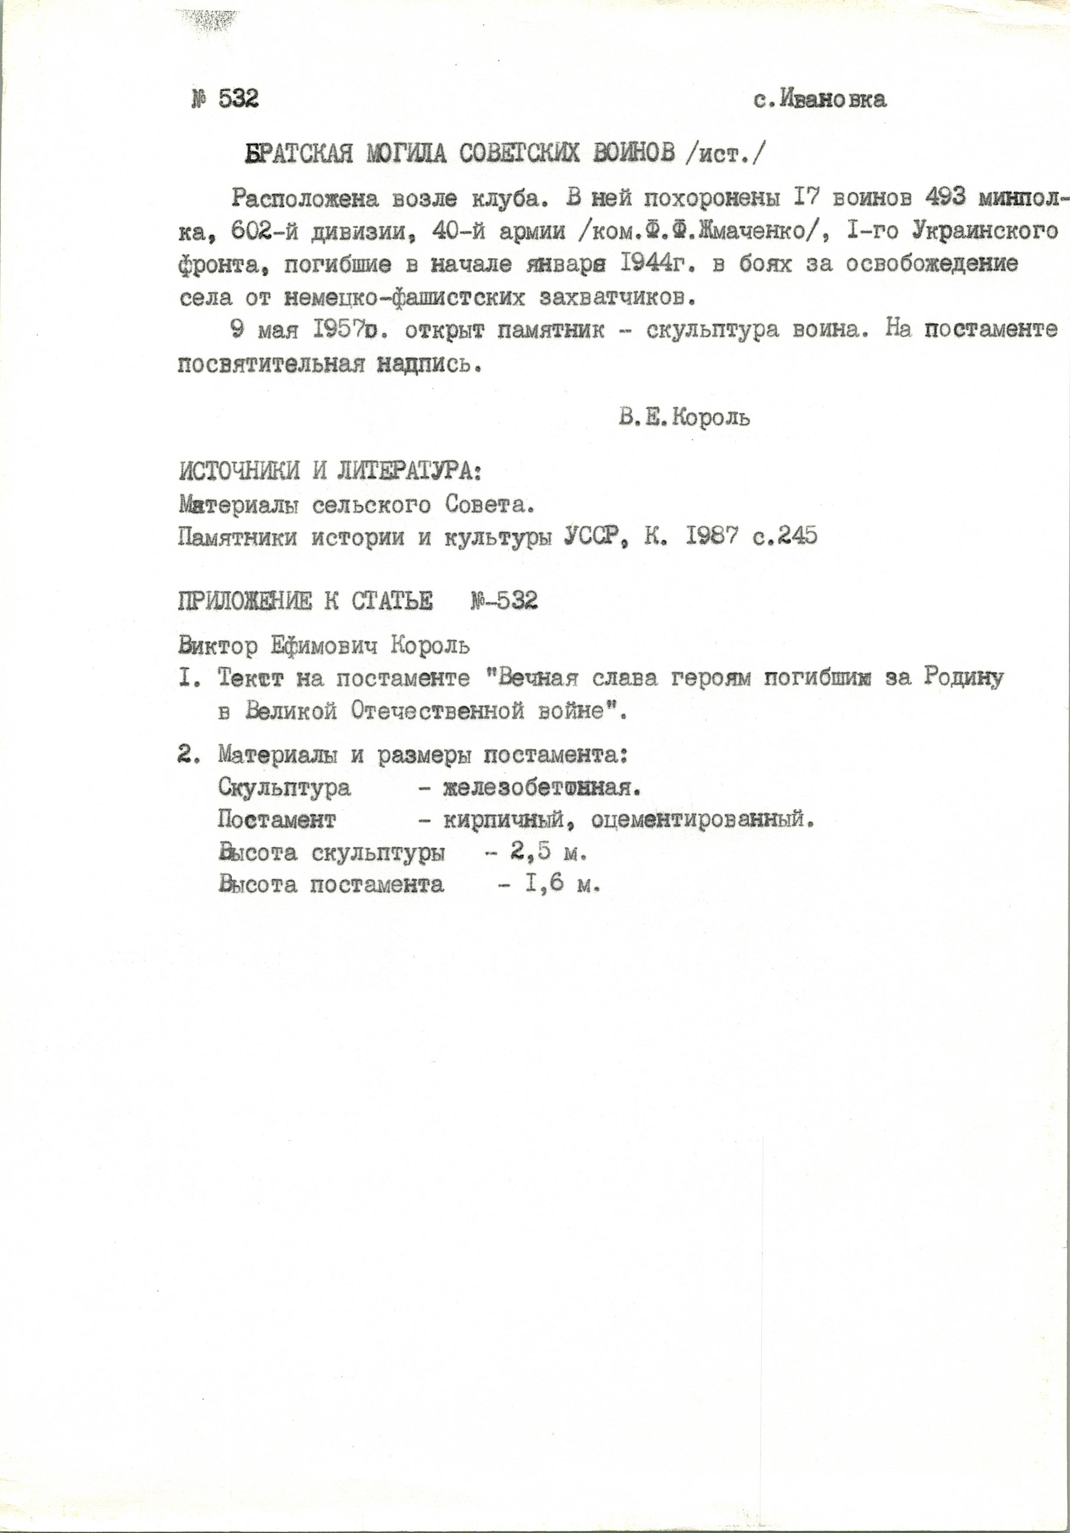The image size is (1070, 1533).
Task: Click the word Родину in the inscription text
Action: click(964, 678)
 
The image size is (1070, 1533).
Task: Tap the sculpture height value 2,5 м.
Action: click(541, 852)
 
